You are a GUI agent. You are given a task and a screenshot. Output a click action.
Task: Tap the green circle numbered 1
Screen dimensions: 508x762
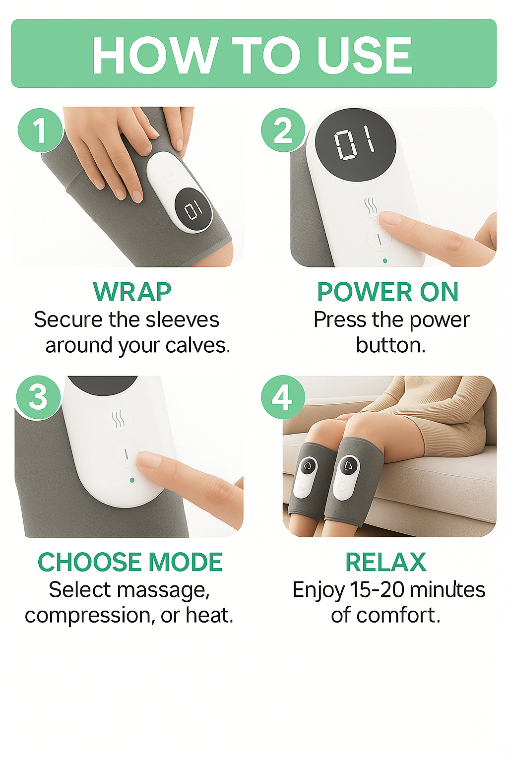(41, 130)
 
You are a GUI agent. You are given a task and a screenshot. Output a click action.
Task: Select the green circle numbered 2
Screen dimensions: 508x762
(283, 130)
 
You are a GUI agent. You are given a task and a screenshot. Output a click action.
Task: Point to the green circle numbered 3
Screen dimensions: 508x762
(39, 397)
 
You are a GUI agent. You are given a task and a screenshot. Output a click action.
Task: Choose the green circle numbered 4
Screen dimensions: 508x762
(283, 397)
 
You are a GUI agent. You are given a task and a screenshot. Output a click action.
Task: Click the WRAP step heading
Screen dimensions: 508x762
(132, 292)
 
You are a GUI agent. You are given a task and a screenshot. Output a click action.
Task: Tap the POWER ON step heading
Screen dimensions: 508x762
(388, 292)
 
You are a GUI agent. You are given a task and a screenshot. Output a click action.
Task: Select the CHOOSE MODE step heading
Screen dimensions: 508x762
(130, 562)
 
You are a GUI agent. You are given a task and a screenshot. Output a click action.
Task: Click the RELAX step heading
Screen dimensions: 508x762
(386, 562)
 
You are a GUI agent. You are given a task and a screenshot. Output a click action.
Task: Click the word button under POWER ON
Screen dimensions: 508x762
(390, 346)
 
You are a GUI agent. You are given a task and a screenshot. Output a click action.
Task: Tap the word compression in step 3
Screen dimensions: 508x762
(88, 615)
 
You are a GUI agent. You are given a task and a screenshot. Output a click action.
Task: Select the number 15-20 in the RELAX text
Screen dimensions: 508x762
(377, 589)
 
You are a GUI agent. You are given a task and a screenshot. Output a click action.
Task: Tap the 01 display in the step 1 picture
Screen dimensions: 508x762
(193, 210)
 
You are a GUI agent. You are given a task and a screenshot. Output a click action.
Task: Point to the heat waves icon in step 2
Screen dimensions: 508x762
(371, 205)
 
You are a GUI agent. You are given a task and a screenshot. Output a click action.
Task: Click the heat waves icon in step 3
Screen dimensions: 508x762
(118, 419)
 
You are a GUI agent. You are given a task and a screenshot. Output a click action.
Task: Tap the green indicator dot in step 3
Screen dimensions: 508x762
(132, 480)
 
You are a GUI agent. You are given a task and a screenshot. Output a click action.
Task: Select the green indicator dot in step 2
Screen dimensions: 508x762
(385, 261)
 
